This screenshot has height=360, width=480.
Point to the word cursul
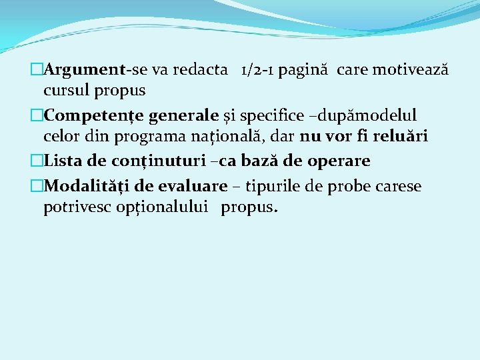pyautogui.click(x=64, y=89)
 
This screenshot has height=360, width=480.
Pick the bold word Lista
pyautogui.click(x=64, y=161)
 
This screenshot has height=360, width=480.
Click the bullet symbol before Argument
pyautogui.click(x=37, y=70)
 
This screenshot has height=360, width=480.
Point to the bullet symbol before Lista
pyautogui.click(x=37, y=161)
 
